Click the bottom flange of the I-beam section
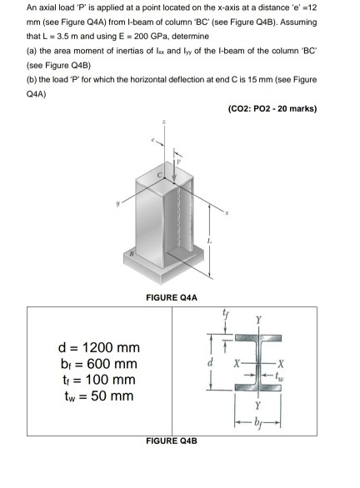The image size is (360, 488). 286,409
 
